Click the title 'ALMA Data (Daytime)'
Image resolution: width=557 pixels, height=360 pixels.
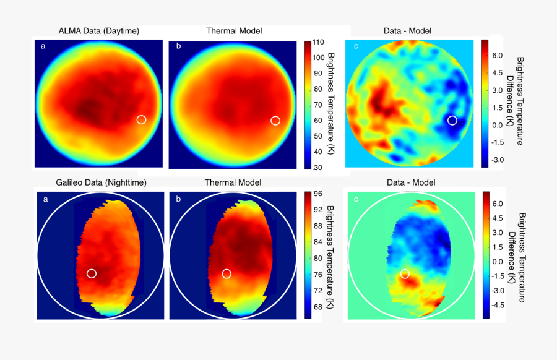99,30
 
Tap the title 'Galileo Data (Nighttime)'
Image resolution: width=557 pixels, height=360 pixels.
99,182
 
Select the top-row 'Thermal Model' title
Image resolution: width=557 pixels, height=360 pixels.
233,30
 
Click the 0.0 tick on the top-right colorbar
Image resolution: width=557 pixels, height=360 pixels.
498,124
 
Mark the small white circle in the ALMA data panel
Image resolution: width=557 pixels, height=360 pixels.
141,119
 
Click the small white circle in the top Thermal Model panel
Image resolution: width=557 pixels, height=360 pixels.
275,121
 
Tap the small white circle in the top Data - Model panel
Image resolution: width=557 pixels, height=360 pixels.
452,120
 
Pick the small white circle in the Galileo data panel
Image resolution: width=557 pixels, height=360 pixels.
92,273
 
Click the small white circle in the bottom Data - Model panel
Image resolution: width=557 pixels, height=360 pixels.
405,273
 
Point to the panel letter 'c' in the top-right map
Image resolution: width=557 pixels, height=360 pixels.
356,46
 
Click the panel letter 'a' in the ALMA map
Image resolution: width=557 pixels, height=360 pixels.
43,46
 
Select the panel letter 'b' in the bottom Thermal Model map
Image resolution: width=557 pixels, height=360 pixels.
178,199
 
